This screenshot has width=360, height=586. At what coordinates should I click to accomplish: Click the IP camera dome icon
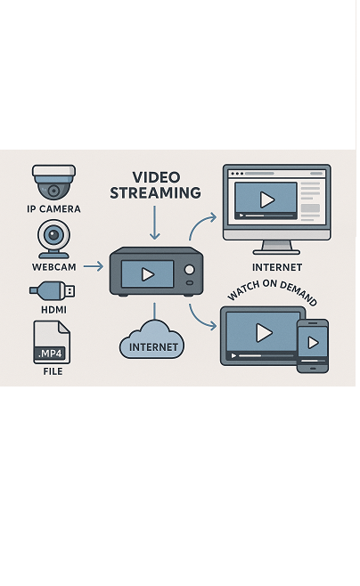(53, 182)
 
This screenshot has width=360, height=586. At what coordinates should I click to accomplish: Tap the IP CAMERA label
(53, 209)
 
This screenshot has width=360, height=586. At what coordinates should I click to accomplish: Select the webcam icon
(53, 240)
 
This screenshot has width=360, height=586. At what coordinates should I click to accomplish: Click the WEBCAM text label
(53, 267)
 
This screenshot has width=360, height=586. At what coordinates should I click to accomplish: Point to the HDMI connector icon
(53, 290)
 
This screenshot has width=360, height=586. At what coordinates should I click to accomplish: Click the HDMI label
(53, 310)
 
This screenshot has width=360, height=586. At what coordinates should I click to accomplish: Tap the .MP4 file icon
(52, 342)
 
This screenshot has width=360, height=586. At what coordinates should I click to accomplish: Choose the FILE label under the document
(53, 371)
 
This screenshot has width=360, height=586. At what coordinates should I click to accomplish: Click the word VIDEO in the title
(156, 177)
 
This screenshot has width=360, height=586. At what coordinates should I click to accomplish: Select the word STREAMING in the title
(155, 193)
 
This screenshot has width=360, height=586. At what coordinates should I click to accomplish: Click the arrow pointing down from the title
(154, 223)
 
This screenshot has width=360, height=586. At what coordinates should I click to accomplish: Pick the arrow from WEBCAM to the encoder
(93, 266)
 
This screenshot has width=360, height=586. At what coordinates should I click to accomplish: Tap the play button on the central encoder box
(148, 274)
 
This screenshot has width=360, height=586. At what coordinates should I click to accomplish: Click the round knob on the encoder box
(190, 270)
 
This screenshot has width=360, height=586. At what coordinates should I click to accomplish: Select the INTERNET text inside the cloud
(153, 347)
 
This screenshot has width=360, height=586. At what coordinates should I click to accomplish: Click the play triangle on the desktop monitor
(267, 200)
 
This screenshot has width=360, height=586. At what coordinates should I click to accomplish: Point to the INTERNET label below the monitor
(277, 267)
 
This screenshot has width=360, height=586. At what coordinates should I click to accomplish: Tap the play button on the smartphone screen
(313, 343)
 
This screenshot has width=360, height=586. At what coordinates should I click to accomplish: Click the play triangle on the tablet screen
(264, 332)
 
